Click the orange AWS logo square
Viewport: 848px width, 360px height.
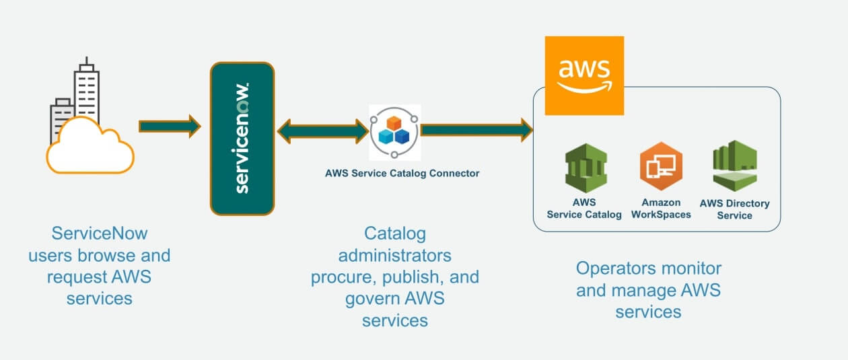pos(584,75)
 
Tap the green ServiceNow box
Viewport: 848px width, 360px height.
pos(242,139)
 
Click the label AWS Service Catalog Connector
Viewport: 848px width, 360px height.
pos(402,173)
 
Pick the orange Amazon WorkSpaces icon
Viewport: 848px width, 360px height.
pos(660,168)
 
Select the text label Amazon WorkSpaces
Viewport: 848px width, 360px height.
pos(661,209)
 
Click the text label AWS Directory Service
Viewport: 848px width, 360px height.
pos(734,209)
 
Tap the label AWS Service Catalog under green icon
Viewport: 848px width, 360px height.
pos(584,209)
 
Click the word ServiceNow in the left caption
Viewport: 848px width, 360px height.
pos(99,234)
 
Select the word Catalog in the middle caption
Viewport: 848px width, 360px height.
pos(395,234)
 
